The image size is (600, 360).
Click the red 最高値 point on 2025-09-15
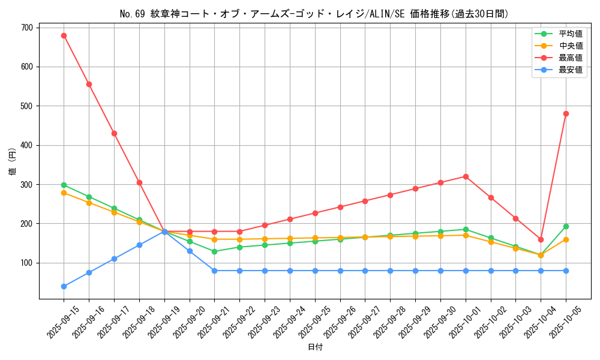(64, 35)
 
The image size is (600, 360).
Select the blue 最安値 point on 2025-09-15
(64, 286)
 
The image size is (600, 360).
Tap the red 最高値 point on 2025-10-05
(566, 113)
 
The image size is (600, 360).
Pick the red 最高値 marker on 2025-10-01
(466, 176)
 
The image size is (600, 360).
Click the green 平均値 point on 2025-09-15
(64, 185)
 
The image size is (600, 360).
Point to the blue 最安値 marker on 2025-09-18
(139, 245)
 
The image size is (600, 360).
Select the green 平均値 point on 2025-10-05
(566, 226)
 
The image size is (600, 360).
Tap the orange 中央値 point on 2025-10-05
(566, 239)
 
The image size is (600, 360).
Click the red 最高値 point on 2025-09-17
(114, 133)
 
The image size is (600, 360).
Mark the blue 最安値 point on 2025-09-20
(190, 251)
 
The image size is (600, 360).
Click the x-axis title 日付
(315, 347)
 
